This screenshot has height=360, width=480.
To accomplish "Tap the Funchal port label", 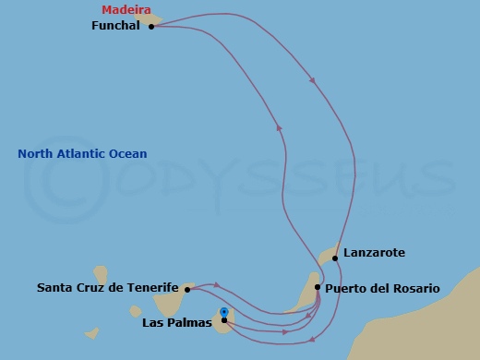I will (115, 27).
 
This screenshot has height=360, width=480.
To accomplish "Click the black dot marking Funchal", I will (150, 27).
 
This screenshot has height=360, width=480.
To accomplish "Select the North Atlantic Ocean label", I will (82, 154).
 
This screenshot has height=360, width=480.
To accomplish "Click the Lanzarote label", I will (373, 252).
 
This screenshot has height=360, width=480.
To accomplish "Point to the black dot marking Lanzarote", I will (335, 258).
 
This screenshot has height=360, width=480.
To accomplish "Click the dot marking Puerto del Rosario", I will (318, 287).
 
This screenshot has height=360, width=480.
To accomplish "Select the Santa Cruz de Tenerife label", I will (107, 288).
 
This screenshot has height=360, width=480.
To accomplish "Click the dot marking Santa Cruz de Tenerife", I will (186, 290).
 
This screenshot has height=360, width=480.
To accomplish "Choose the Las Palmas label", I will (177, 322).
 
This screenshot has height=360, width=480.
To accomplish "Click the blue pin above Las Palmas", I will (224, 312).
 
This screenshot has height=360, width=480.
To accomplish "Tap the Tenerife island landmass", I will (175, 298).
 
